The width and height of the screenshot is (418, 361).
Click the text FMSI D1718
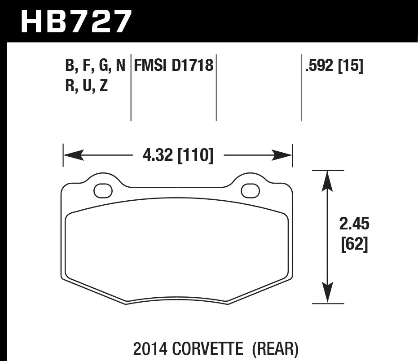tap(173, 66)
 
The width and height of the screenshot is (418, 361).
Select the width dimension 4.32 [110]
tap(178, 156)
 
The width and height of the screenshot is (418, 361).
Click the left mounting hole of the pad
tap(103, 191)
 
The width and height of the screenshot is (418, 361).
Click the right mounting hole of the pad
tap(250, 191)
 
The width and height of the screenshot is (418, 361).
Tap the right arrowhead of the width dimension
tap(283, 156)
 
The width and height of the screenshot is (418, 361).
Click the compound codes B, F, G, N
tap(95, 66)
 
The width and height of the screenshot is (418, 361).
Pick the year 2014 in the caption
tap(150, 348)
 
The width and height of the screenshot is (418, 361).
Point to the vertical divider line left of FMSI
tap(131, 90)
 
